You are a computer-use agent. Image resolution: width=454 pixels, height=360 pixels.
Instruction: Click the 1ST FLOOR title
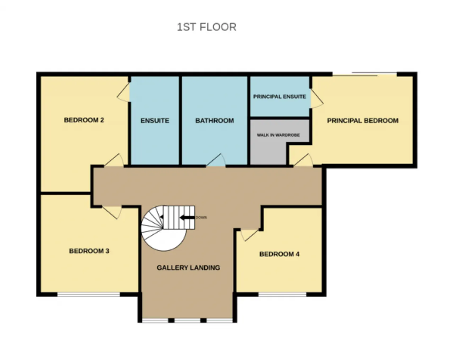point(206,27)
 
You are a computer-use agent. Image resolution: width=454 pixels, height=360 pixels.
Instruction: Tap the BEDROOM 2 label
point(84,120)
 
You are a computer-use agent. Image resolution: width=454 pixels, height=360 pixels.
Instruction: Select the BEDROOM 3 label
point(89,251)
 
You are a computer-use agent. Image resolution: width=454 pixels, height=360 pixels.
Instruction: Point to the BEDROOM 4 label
point(279,254)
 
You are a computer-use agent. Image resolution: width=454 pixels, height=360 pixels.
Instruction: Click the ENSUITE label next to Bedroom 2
point(155,121)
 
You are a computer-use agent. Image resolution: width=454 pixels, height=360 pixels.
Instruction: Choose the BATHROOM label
point(215,121)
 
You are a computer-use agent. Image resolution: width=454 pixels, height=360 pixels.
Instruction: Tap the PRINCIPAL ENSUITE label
point(279,96)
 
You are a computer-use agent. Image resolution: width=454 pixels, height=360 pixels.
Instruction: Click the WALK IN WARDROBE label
point(278,135)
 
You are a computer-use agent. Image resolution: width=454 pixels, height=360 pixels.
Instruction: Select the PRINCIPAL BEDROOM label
point(362,121)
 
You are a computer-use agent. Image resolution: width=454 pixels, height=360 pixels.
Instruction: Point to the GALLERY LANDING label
point(188,267)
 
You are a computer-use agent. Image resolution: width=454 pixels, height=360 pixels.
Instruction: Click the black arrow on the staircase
point(187,217)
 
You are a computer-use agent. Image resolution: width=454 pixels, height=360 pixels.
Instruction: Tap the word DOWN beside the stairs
point(201,217)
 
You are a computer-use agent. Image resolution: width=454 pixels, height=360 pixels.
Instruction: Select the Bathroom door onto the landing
point(216,160)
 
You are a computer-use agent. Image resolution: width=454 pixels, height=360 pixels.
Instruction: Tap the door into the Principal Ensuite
point(317,99)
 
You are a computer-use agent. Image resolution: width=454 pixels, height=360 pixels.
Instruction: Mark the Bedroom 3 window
point(89,295)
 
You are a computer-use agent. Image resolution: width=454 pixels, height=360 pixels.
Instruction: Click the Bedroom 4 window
point(282,295)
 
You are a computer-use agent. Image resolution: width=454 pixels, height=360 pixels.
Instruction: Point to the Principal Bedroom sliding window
point(365,74)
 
